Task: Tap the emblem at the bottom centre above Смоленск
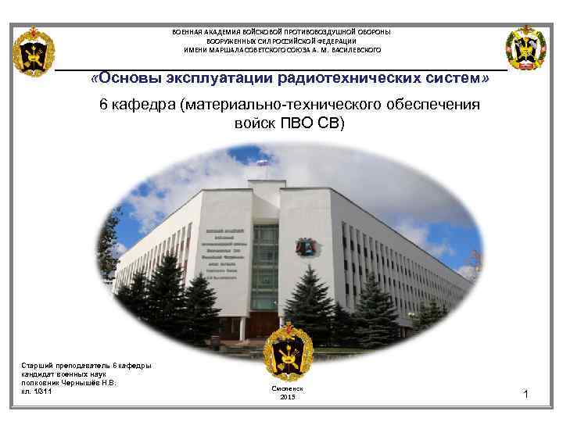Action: [288, 352]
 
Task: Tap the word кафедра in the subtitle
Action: [143, 105]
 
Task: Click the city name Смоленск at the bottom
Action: [287, 388]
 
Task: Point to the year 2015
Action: [287, 398]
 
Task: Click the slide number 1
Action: [526, 395]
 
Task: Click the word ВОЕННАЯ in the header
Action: [190, 31]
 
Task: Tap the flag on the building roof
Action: [263, 163]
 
